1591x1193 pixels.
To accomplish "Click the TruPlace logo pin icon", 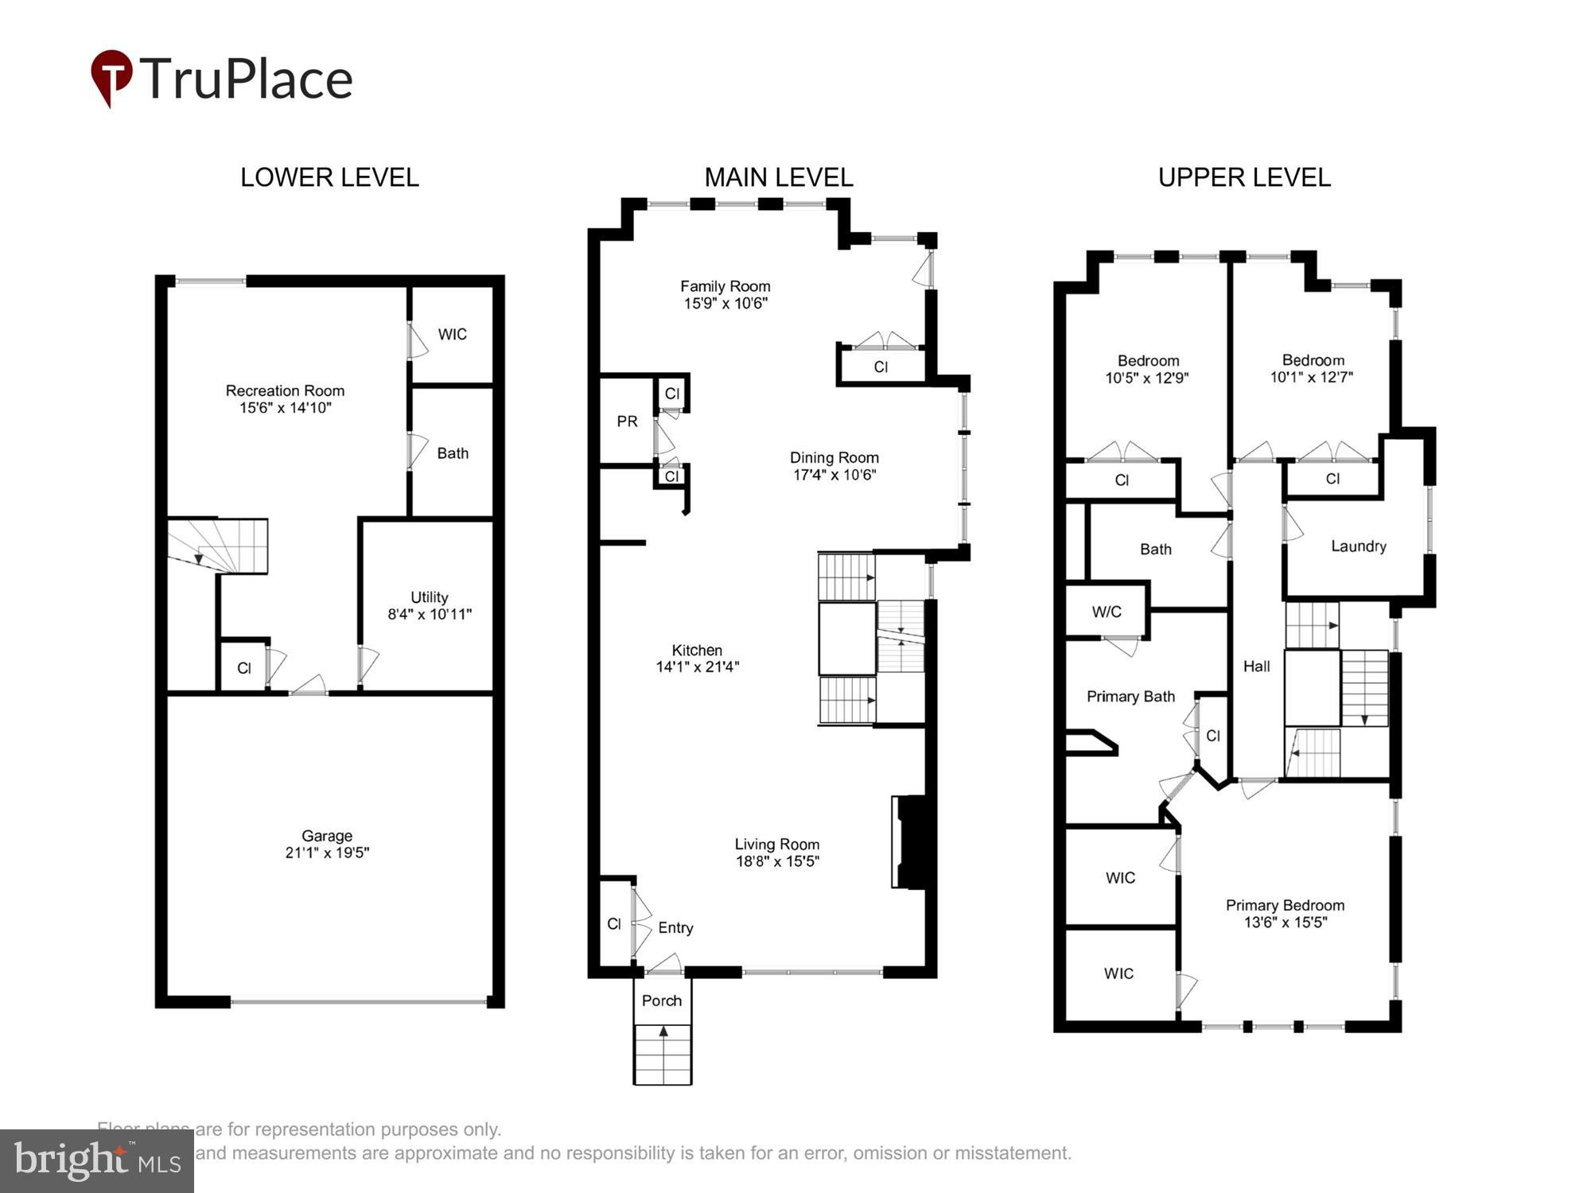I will click(x=111, y=76).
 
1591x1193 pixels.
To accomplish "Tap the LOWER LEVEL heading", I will click(x=329, y=177).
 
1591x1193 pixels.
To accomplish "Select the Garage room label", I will click(x=327, y=836).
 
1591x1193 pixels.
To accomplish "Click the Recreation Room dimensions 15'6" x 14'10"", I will click(x=286, y=408).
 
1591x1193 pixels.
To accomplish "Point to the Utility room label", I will click(x=429, y=596).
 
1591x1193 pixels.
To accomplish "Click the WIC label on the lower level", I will click(x=452, y=334).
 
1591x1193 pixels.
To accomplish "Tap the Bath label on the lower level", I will click(x=453, y=453).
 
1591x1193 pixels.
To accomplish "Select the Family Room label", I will click(x=725, y=286).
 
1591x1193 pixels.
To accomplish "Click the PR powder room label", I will click(x=627, y=422).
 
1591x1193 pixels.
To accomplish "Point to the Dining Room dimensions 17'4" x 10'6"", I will click(x=834, y=475).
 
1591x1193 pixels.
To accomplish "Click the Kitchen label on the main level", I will click(x=697, y=650).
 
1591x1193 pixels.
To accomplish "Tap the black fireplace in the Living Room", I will click(x=912, y=841).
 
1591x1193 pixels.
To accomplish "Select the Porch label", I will click(x=662, y=1001).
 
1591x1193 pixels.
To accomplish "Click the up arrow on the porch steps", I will click(x=663, y=1031).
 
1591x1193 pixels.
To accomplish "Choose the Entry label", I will click(x=675, y=927).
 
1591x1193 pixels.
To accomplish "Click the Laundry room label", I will click(x=1359, y=546).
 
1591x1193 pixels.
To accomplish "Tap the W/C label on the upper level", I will click(x=1107, y=612).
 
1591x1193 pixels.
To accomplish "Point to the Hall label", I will click(x=1256, y=666).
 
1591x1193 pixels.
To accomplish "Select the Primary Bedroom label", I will click(x=1285, y=905).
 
